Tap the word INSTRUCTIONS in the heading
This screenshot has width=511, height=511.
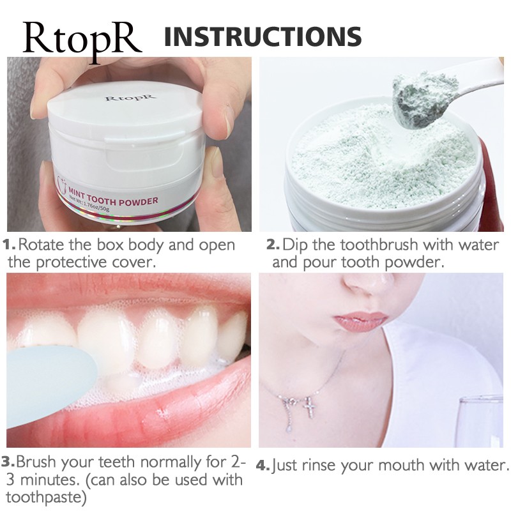click(x=263, y=37)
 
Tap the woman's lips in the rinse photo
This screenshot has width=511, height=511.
click(x=362, y=322)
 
